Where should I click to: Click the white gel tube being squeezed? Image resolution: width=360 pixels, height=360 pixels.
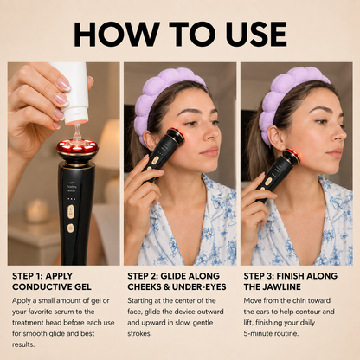tap(73, 93)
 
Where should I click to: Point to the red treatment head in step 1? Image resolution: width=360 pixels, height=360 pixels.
tap(77, 146)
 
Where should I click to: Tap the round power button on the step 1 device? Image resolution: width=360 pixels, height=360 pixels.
tap(70, 228)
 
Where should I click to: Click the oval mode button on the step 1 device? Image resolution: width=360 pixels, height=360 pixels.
tap(71, 212)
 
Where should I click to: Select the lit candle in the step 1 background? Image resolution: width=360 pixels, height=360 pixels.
tap(37, 210)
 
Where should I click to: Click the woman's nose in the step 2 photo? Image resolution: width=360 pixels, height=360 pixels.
tap(214, 133)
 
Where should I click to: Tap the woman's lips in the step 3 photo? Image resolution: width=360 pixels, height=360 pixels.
tap(335, 152)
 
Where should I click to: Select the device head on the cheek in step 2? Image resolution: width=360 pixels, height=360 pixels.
tap(176, 136)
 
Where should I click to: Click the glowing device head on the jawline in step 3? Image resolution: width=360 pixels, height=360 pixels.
tap(292, 157)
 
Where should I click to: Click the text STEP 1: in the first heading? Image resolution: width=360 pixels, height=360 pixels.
tap(27, 276)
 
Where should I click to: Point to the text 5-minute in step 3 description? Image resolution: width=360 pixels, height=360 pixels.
tap(257, 333)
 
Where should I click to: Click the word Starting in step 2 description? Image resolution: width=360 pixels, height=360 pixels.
tap(140, 301)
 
